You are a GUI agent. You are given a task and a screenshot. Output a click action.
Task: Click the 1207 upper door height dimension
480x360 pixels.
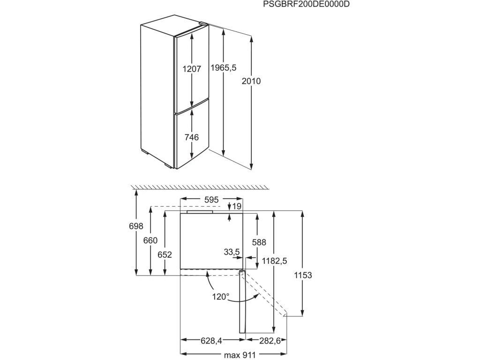pyautogui.click(x=192, y=69)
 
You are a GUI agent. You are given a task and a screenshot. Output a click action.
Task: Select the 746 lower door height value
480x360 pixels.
pyautogui.click(x=192, y=137)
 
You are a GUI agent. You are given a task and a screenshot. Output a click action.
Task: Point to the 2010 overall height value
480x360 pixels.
pyautogui.click(x=251, y=81)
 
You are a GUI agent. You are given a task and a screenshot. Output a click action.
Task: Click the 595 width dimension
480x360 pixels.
pyautogui.click(x=211, y=200)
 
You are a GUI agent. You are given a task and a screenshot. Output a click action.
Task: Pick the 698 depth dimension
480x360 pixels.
pyautogui.click(x=135, y=226)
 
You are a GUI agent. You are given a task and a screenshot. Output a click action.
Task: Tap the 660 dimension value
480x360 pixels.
pyautogui.click(x=150, y=240)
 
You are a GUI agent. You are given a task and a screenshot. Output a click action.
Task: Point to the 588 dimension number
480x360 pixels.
pyautogui.click(x=259, y=242)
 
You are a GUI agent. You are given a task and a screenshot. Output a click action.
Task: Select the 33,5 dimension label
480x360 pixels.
pyautogui.click(x=232, y=252)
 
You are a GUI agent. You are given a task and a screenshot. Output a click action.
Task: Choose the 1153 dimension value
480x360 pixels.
pyautogui.click(x=303, y=275)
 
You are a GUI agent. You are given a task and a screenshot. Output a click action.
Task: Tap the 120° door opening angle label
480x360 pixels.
pyautogui.click(x=220, y=296)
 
